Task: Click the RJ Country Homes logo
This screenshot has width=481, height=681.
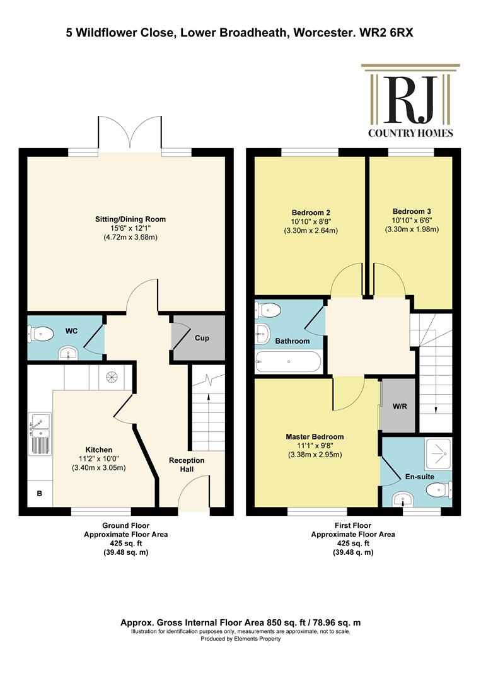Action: tap(410, 101)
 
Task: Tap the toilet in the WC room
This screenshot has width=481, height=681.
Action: tap(40, 334)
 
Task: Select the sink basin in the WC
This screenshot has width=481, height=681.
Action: tap(67, 353)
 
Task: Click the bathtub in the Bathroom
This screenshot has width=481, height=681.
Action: tap(289, 362)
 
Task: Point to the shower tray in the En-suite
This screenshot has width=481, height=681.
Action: tap(438, 453)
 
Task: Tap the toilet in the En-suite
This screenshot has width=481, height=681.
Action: tap(439, 491)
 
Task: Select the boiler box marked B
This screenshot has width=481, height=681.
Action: tap(40, 493)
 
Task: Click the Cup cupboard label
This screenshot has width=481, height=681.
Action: tap(202, 338)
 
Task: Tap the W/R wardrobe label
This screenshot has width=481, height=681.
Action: tap(400, 407)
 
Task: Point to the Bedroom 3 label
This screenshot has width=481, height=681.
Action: tap(412, 211)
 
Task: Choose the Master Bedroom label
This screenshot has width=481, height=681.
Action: tap(315, 436)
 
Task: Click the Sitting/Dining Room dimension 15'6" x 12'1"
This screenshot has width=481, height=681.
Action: tap(130, 228)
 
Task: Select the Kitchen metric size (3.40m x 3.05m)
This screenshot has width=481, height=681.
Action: tap(98, 468)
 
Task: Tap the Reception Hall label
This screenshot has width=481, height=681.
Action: tap(187, 465)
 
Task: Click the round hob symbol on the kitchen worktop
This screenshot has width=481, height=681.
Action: tap(111, 376)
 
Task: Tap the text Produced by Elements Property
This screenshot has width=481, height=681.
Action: tap(241, 638)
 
